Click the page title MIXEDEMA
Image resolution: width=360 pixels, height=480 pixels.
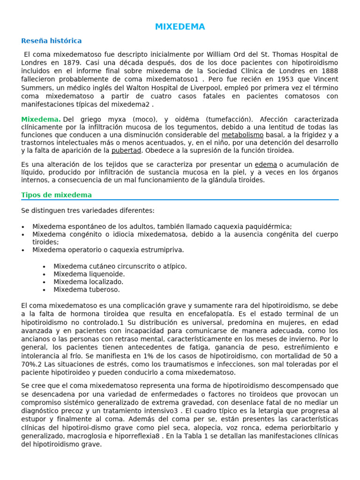(180, 27)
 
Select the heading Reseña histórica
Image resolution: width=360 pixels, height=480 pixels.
(52, 41)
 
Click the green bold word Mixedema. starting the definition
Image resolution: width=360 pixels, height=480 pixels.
(41, 120)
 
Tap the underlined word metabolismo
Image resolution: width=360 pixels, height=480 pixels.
(242, 135)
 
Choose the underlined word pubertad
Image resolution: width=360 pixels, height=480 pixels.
(126, 150)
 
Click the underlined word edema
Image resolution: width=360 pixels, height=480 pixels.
(266, 165)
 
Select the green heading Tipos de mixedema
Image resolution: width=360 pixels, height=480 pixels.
(57, 195)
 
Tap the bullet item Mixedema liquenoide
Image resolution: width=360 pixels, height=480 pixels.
(89, 274)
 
